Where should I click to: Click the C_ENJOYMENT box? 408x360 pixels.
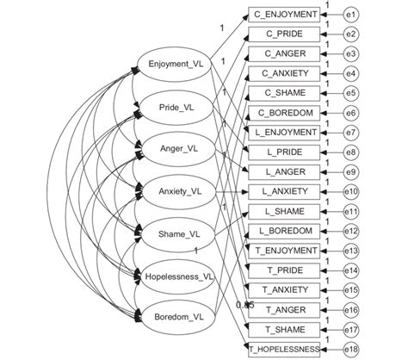[x=285, y=15]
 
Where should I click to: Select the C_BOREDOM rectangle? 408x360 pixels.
[x=285, y=113]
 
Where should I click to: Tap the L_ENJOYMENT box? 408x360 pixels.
[x=285, y=133]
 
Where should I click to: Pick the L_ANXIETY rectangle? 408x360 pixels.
[x=285, y=191]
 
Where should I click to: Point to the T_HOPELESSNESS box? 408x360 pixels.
[x=285, y=348]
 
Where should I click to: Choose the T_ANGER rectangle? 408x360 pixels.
[x=285, y=308]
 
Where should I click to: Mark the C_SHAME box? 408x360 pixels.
[x=285, y=93]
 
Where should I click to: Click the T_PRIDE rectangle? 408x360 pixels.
[x=285, y=270]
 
